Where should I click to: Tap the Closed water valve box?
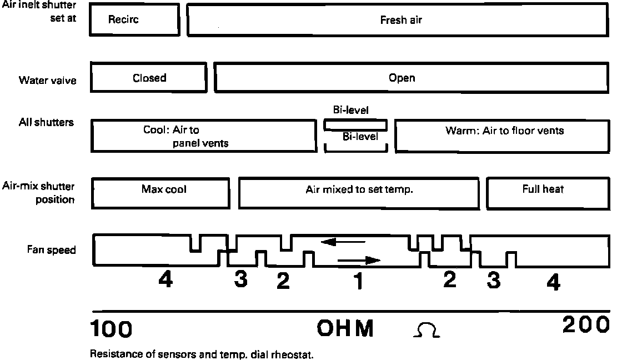(x=149, y=78)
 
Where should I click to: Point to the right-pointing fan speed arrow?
(x=359, y=259)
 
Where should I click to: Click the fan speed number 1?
(x=359, y=282)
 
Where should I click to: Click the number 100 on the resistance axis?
(x=111, y=329)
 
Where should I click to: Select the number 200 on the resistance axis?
(x=585, y=326)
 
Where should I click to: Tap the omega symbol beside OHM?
(x=427, y=332)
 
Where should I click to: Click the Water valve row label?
(x=48, y=81)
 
